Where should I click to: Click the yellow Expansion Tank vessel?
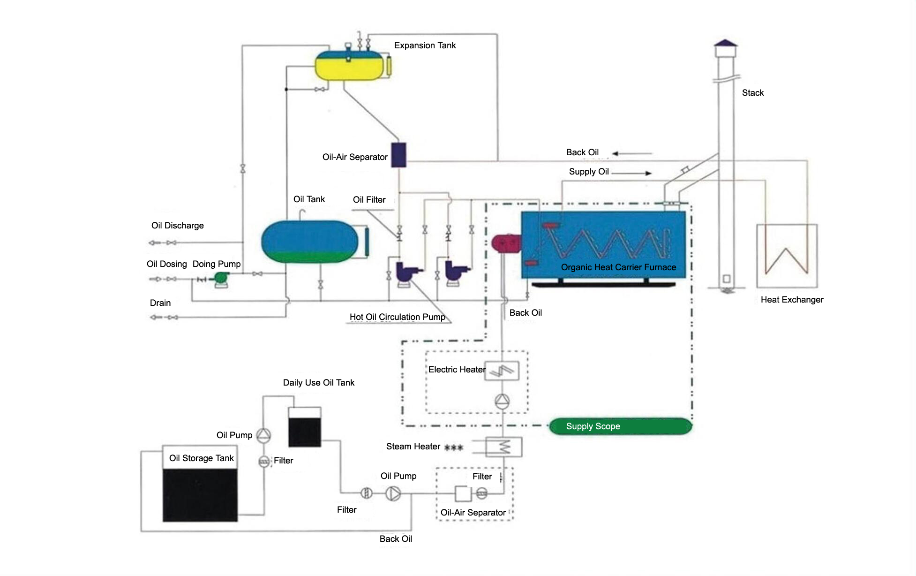click(349, 66)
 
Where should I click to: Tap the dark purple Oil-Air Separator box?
click(398, 155)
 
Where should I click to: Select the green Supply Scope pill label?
click(620, 426)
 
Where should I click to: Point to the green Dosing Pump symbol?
click(220, 279)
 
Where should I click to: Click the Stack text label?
click(752, 93)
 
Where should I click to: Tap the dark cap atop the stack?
click(725, 43)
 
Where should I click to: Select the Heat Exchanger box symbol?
click(787, 256)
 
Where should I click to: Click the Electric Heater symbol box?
click(502, 371)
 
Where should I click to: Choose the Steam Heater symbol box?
click(504, 447)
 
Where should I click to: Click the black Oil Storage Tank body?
click(200, 495)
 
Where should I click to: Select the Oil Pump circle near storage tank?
click(263, 435)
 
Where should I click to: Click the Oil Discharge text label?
click(177, 226)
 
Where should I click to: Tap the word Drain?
click(160, 303)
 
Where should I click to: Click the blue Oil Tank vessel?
click(309, 242)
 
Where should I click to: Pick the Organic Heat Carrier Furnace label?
click(618, 267)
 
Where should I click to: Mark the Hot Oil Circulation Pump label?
click(397, 317)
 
